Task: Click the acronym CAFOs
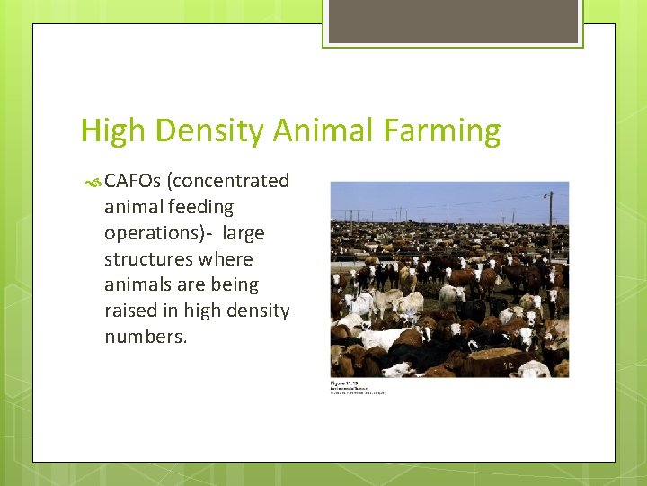[132, 181]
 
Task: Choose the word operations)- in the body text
[158, 233]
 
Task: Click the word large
[244, 233]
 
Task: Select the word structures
[146, 259]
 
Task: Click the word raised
[129, 310]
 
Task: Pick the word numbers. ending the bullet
[146, 337]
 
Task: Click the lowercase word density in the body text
[256, 310]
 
